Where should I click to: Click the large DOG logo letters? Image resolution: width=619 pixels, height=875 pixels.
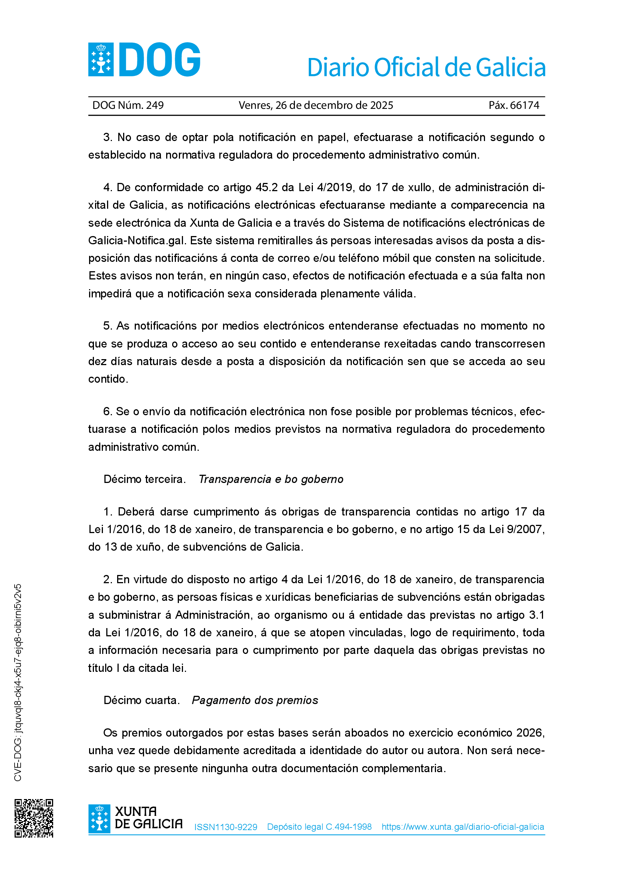click(160, 59)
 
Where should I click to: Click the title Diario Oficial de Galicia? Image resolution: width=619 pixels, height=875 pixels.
click(426, 67)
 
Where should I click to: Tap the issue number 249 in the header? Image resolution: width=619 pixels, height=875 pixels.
click(155, 105)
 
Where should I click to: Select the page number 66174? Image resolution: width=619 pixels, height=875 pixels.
click(524, 105)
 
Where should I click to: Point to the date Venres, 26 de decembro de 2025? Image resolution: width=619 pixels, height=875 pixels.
click(315, 105)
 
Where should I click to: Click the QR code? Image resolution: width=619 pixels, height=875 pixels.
click(34, 818)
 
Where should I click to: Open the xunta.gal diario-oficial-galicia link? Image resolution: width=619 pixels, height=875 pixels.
click(463, 827)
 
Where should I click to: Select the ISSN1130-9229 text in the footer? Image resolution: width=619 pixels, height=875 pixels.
click(226, 827)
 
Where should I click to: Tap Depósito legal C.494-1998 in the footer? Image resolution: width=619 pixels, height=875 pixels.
click(319, 827)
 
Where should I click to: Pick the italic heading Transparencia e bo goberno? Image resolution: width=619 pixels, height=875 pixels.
click(271, 479)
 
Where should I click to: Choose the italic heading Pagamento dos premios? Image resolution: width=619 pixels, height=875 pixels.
click(254, 700)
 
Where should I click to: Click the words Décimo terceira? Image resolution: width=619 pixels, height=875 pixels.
click(144, 479)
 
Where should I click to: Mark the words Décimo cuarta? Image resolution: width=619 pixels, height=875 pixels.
click(141, 700)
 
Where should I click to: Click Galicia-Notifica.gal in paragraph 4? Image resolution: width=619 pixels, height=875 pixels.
click(137, 241)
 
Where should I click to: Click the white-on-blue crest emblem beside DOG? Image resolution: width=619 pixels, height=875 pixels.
click(101, 59)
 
